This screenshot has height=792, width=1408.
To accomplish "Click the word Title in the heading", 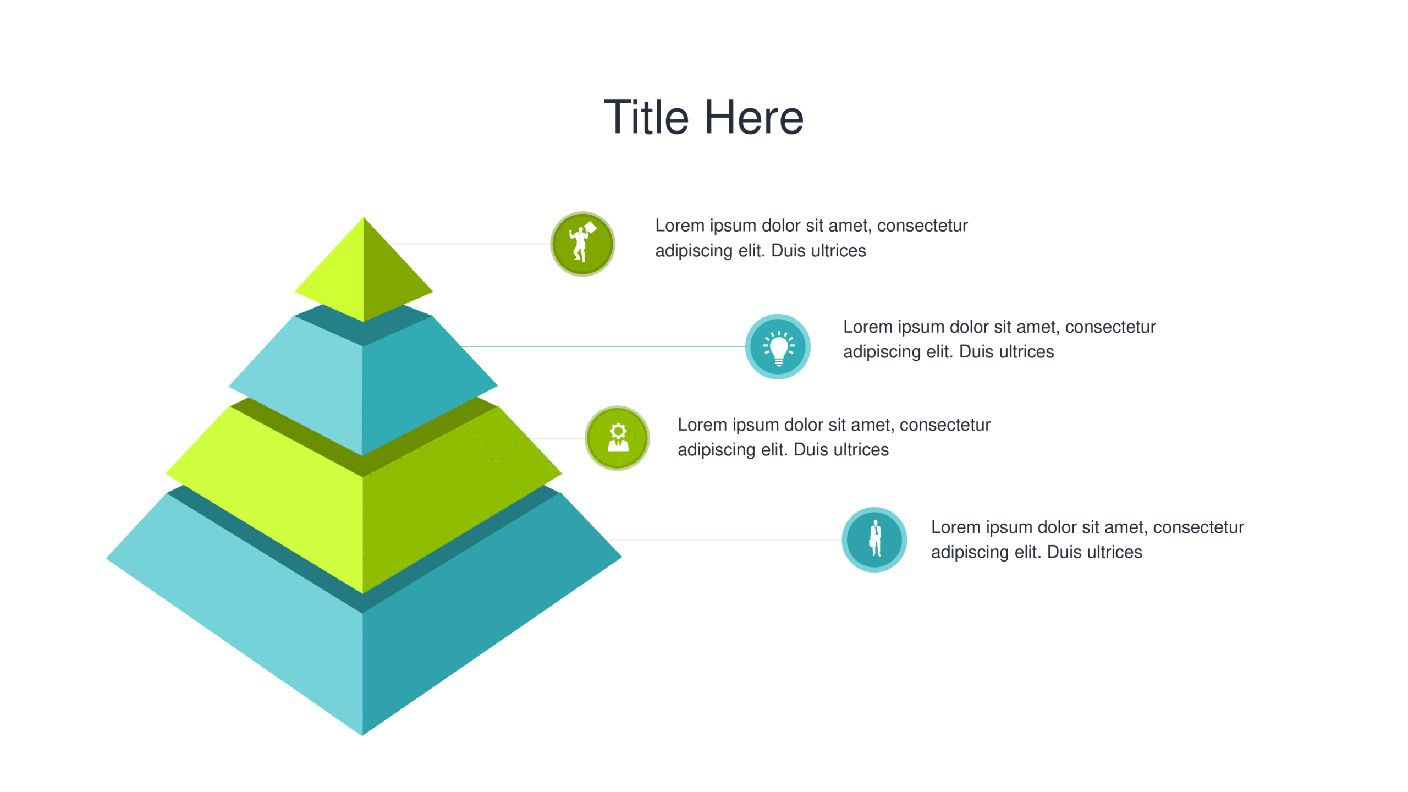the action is pyautogui.click(x=646, y=117).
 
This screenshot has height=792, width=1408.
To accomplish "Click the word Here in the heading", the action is pyautogui.click(x=754, y=117).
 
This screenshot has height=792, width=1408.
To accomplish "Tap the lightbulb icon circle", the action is pyautogui.click(x=778, y=346).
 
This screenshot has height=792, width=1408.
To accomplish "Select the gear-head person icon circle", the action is pyautogui.click(x=617, y=438).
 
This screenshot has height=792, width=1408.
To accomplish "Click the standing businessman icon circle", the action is pyautogui.click(x=875, y=540).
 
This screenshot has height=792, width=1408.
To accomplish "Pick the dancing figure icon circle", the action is pyautogui.click(x=583, y=244).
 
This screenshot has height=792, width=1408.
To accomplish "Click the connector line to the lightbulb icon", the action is pyautogui.click(x=603, y=346).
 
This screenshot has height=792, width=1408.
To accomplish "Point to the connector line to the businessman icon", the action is pyautogui.click(x=723, y=540).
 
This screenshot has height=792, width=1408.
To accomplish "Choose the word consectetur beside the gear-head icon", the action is pyautogui.click(x=945, y=425).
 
